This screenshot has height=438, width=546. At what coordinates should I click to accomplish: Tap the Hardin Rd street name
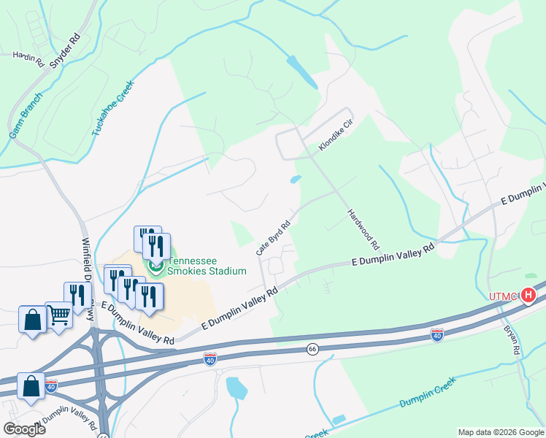29,58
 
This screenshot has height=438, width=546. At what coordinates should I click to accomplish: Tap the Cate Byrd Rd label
274,238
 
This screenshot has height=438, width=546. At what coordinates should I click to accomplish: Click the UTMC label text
503,296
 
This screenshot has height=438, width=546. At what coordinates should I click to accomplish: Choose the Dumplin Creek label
427,393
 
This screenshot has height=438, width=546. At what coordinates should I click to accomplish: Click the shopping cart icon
59,315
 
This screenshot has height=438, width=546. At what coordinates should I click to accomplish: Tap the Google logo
24,429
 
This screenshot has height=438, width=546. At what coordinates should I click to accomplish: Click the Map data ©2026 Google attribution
501,432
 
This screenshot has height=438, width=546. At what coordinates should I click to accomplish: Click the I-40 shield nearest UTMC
437,334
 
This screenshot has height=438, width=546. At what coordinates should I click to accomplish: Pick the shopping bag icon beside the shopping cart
33,320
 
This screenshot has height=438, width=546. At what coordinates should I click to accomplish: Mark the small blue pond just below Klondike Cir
296,179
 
